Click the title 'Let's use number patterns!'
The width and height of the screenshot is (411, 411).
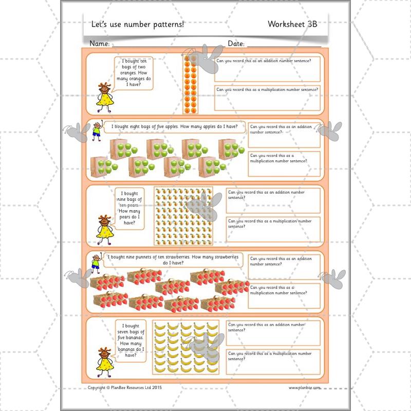click(x=137, y=24)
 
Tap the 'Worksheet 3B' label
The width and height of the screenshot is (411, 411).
click(x=292, y=24)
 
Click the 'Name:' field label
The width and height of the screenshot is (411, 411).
click(x=100, y=44)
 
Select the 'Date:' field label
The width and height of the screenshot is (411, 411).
click(x=236, y=44)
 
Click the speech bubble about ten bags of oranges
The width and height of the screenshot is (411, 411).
click(x=133, y=73)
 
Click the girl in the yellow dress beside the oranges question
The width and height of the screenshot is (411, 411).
click(x=105, y=97)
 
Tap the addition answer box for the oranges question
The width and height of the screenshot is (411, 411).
click(x=270, y=69)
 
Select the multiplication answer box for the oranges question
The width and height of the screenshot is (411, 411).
click(x=270, y=98)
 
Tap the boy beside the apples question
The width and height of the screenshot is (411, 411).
click(x=96, y=133)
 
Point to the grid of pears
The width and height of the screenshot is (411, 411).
click(x=183, y=216)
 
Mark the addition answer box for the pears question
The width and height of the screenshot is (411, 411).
click(x=273, y=200)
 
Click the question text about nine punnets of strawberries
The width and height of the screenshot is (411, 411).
click(x=173, y=260)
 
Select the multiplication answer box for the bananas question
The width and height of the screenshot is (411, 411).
click(x=273, y=362)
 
